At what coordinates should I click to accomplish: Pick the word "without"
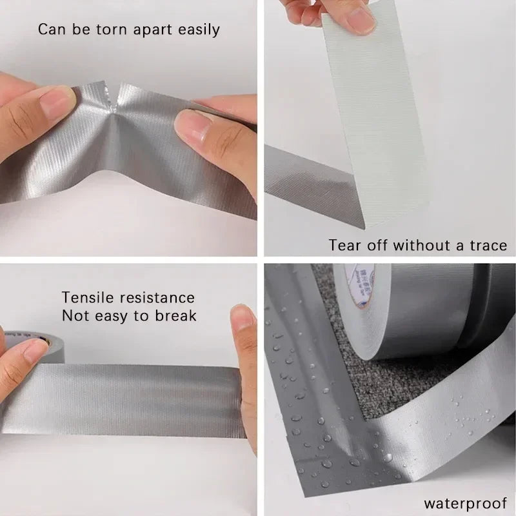[x=420, y=245]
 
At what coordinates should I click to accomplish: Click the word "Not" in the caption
[x=75, y=316]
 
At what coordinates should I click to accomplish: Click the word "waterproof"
[x=464, y=503]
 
